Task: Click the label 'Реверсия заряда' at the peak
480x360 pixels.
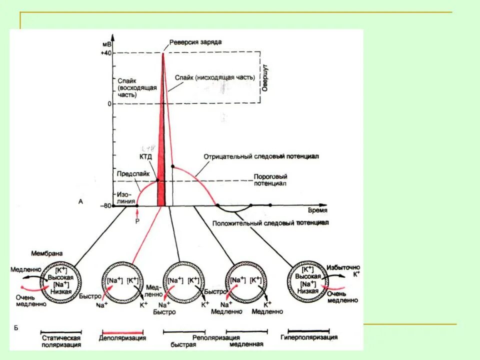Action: point(195,41)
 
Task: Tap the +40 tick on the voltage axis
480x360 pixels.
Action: point(106,53)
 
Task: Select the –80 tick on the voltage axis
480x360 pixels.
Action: point(104,205)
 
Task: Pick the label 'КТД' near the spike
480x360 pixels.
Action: point(145,156)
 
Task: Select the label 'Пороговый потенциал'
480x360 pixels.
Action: point(269,180)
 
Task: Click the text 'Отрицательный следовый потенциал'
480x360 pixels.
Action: point(261,156)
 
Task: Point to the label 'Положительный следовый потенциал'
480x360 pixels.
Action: point(270,223)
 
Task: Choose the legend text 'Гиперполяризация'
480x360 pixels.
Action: point(309,337)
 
